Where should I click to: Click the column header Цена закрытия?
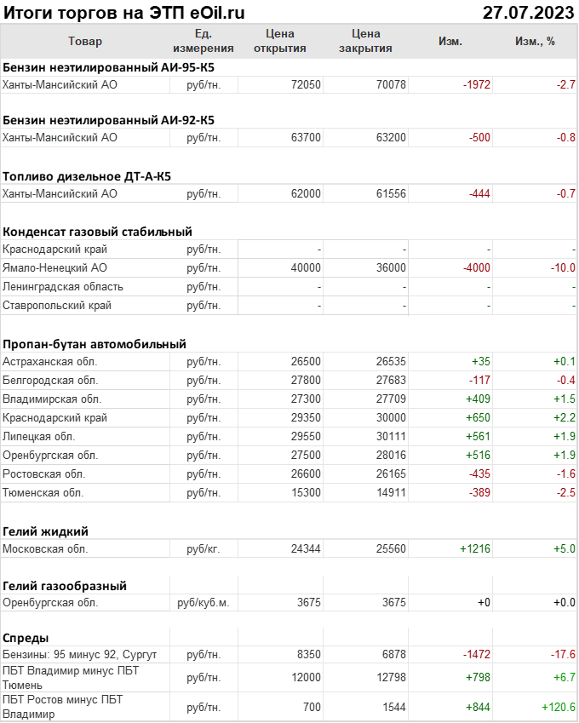pos(365,41)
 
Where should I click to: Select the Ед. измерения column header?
pos(203,41)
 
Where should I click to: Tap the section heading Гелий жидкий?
pos(46,531)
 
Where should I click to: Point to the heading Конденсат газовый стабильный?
pos(97,231)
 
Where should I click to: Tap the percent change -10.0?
pos(562,268)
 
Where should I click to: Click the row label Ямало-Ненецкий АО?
pos(54,268)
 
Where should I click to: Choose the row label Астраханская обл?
pos(50,362)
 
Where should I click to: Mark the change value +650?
pos(476,418)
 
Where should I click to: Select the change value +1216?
pos(475,549)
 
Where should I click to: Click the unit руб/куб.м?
pos(203,602)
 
